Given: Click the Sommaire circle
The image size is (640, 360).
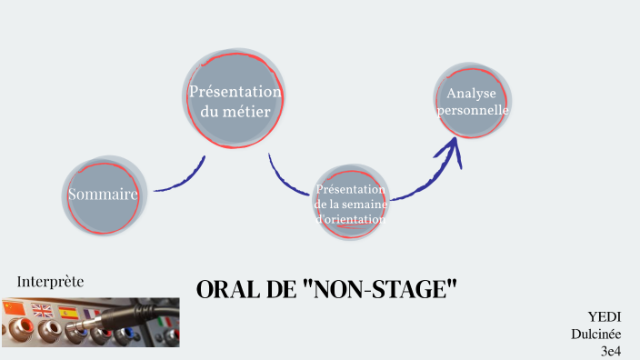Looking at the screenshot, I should pyautogui.click(x=103, y=195).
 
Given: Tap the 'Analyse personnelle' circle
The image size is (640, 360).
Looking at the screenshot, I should pyautogui.click(x=472, y=101).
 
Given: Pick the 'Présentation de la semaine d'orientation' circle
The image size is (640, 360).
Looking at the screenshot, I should pyautogui.click(x=350, y=202).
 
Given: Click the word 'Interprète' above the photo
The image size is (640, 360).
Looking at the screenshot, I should pyautogui.click(x=51, y=282).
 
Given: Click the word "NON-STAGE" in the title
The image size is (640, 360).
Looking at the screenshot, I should pyautogui.click(x=383, y=290).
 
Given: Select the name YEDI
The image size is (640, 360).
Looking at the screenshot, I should pyautogui.click(x=604, y=316).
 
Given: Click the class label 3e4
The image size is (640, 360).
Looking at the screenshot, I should pyautogui.click(x=609, y=350).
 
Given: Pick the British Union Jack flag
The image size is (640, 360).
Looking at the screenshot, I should pyautogui.click(x=42, y=310).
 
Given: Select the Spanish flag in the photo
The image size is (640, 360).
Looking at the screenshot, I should pyautogui.click(x=68, y=312).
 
